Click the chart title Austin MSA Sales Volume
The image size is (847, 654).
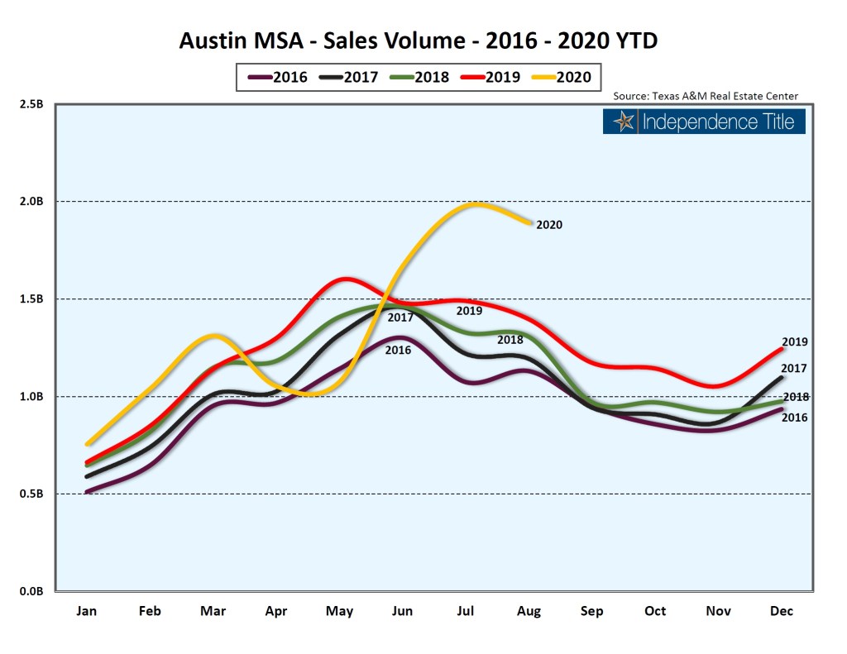coord(424,40)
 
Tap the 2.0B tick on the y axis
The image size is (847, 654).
coord(31,202)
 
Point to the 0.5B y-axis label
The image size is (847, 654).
coord(31,494)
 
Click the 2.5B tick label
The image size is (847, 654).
coord(31,104)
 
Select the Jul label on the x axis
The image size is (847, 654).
coord(466,611)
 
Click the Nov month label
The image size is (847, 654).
coord(719,611)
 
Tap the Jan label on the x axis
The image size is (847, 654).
coord(87,611)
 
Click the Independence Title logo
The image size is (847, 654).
coord(704,122)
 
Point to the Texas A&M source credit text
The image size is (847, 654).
coord(706,96)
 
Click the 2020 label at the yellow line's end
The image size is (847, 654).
coord(549,224)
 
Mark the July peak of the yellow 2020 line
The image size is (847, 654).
coord(475,203)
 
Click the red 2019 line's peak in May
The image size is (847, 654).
coord(345,279)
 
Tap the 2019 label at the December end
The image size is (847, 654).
coord(795,341)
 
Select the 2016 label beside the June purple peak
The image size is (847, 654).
coord(398,351)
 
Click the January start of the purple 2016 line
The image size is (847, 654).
coord(88,492)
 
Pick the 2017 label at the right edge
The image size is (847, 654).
coord(795,369)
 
